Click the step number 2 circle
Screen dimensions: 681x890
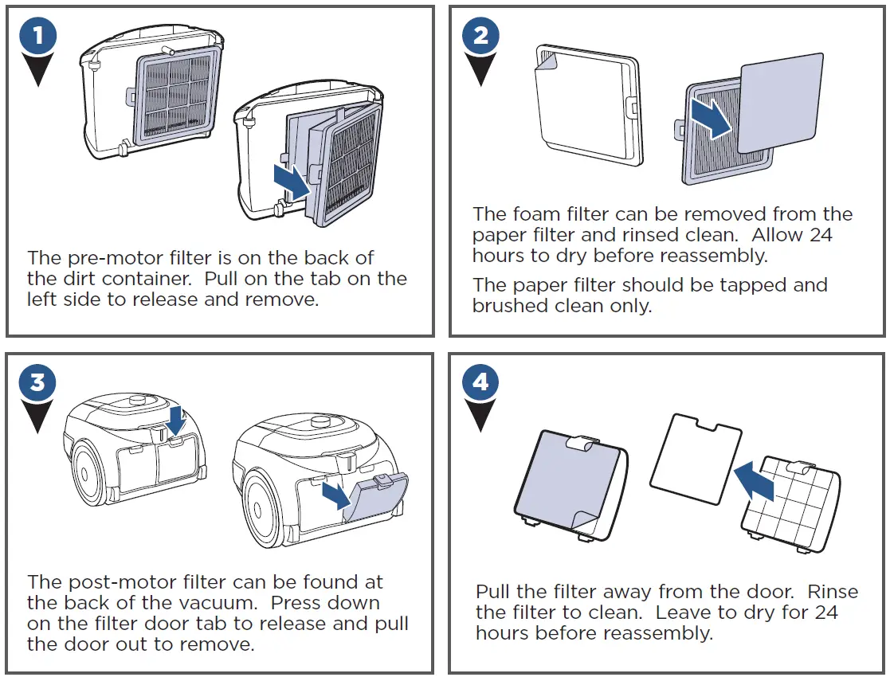(x=480, y=37)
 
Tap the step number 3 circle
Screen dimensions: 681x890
(x=37, y=383)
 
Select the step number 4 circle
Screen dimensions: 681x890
(x=480, y=383)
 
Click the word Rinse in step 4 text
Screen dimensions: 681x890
(x=832, y=592)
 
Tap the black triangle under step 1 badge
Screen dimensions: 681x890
(x=37, y=74)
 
